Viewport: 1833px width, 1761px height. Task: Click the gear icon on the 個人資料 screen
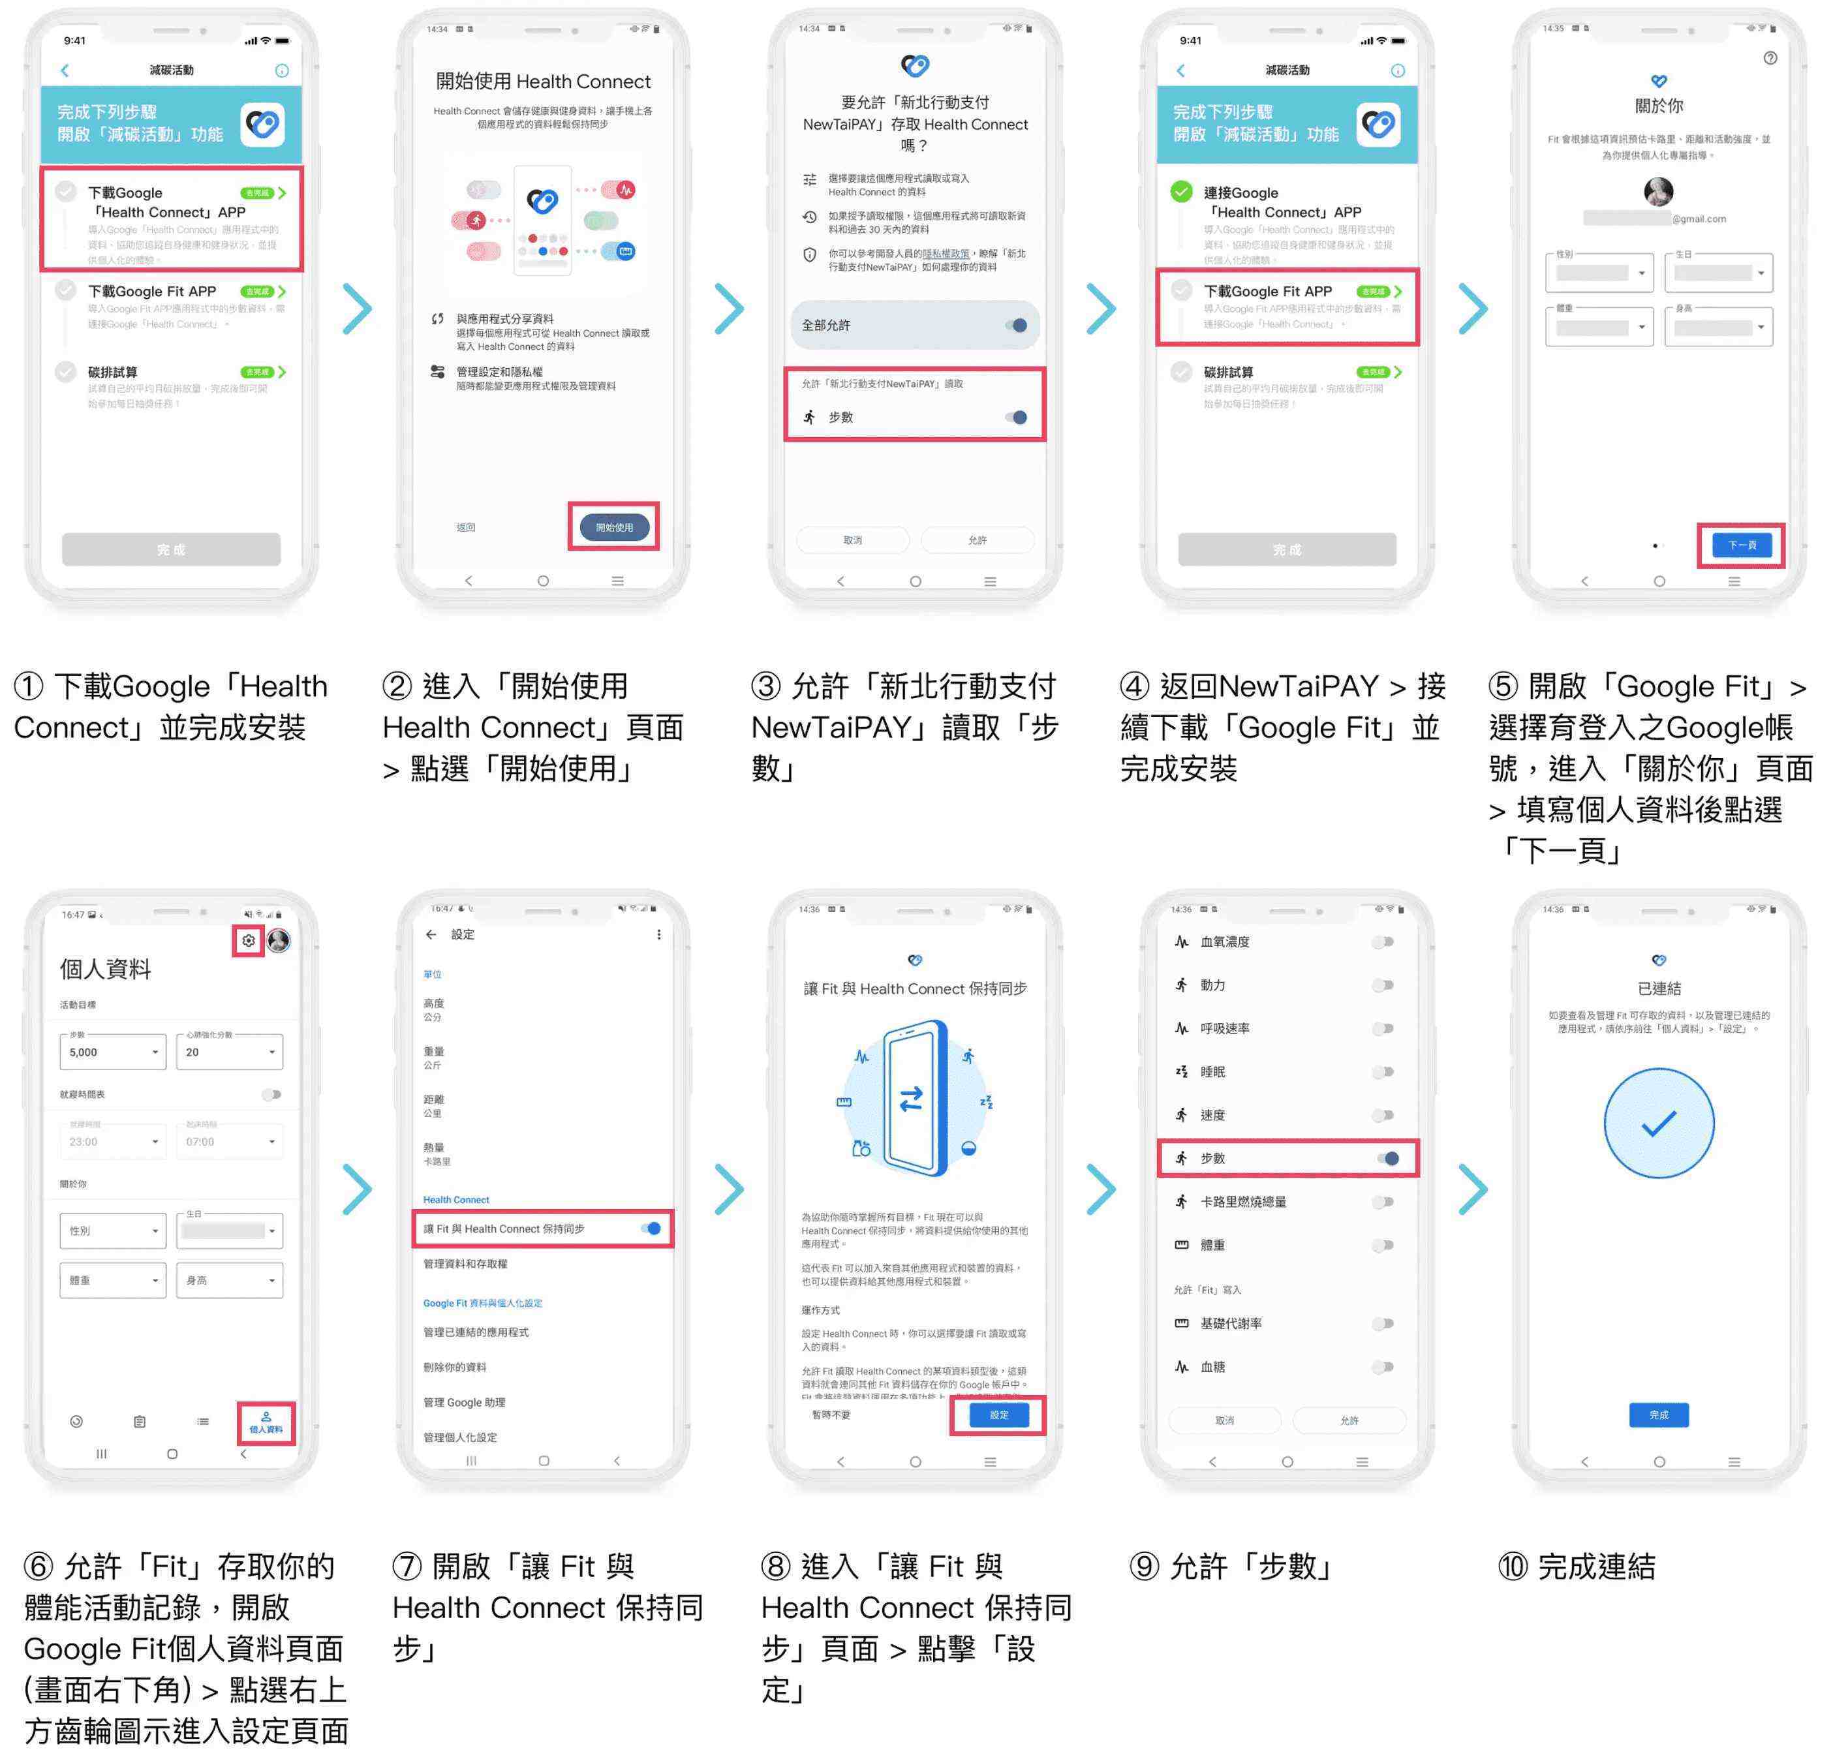click(249, 941)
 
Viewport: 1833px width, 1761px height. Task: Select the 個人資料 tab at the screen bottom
click(266, 1422)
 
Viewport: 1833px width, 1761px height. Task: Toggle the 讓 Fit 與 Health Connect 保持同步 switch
click(652, 1229)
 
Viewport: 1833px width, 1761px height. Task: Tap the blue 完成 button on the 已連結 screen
click(1658, 1415)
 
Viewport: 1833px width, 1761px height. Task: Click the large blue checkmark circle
click(1658, 1123)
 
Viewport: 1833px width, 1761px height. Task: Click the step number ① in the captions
click(28, 686)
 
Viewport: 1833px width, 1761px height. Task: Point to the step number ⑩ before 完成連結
click(1512, 1567)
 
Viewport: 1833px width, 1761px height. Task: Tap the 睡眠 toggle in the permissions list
click(1383, 1072)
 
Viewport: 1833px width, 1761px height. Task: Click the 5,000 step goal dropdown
click(112, 1052)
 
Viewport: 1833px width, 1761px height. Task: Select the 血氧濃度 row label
click(1224, 942)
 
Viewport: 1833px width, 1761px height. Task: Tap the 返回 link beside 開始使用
click(466, 527)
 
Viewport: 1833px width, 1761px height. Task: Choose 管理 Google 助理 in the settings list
click(464, 1402)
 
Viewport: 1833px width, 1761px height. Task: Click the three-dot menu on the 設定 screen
click(658, 934)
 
